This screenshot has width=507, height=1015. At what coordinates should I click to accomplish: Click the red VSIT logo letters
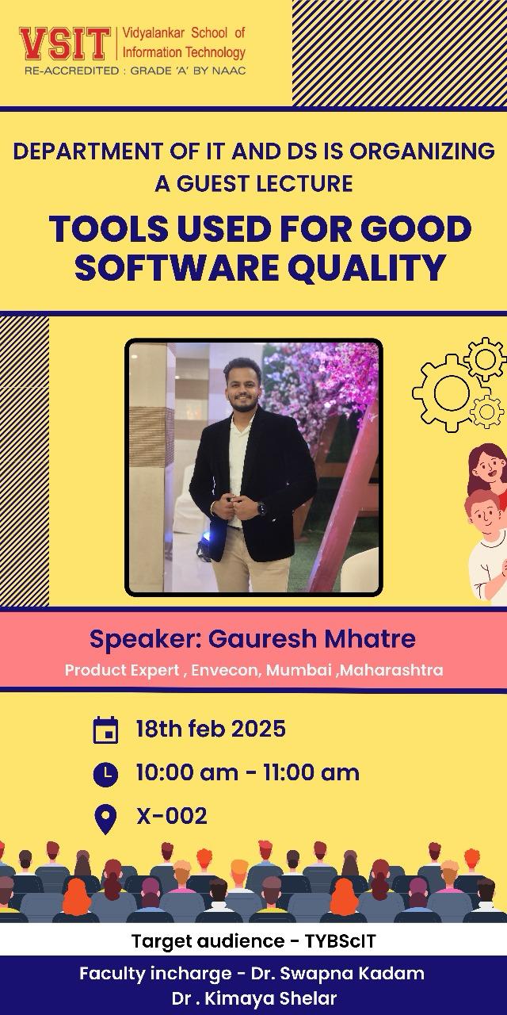click(65, 44)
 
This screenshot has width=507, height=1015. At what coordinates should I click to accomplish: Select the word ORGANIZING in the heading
click(421, 151)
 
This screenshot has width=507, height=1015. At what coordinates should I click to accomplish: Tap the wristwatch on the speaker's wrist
click(261, 507)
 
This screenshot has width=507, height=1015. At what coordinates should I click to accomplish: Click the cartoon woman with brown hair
click(488, 470)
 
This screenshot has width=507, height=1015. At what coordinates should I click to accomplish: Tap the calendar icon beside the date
click(105, 730)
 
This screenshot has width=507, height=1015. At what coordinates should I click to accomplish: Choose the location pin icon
click(105, 820)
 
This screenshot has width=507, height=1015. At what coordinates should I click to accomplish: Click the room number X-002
click(172, 816)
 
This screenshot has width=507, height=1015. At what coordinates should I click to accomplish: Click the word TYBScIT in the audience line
click(340, 941)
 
